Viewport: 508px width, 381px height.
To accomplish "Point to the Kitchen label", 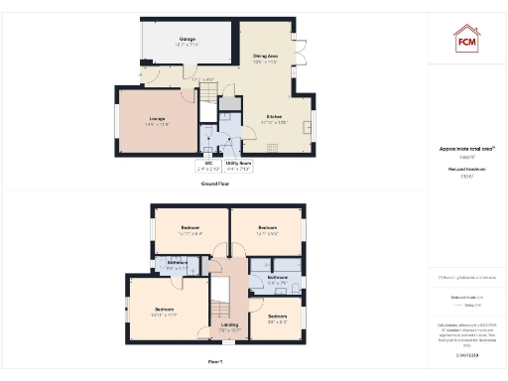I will tap(275, 118).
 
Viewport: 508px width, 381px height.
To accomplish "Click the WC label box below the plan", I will tap(208, 165).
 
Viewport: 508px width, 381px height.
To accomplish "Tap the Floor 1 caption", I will tap(215, 362).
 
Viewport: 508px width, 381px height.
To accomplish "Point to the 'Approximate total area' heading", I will tap(466, 149).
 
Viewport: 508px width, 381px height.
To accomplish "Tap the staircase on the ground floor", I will tap(209, 93).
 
